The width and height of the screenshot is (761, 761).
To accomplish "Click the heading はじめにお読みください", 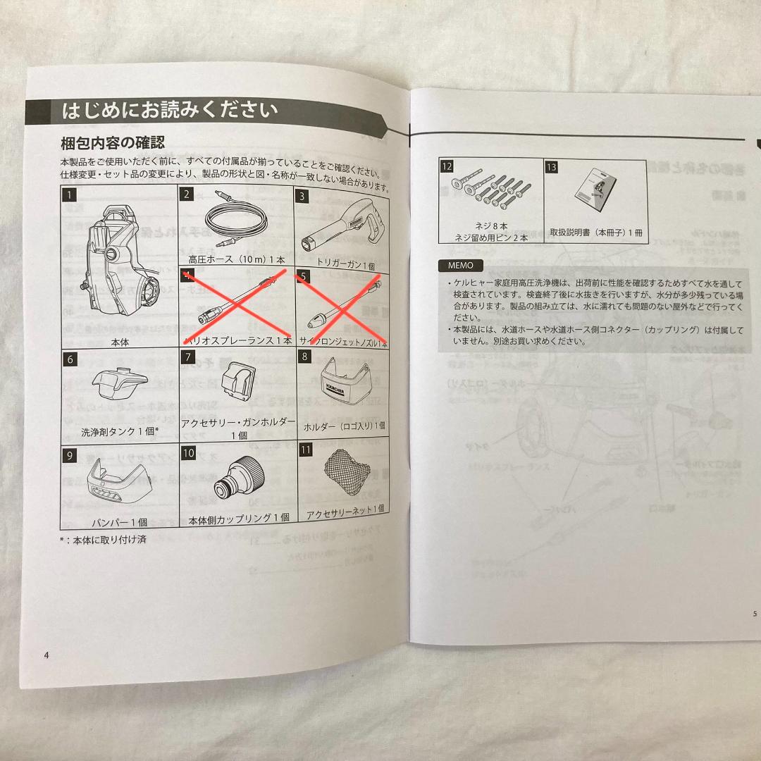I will (169, 111).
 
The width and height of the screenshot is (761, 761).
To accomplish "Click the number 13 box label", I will (552, 166).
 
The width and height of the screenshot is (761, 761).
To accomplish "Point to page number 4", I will (47, 655).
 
